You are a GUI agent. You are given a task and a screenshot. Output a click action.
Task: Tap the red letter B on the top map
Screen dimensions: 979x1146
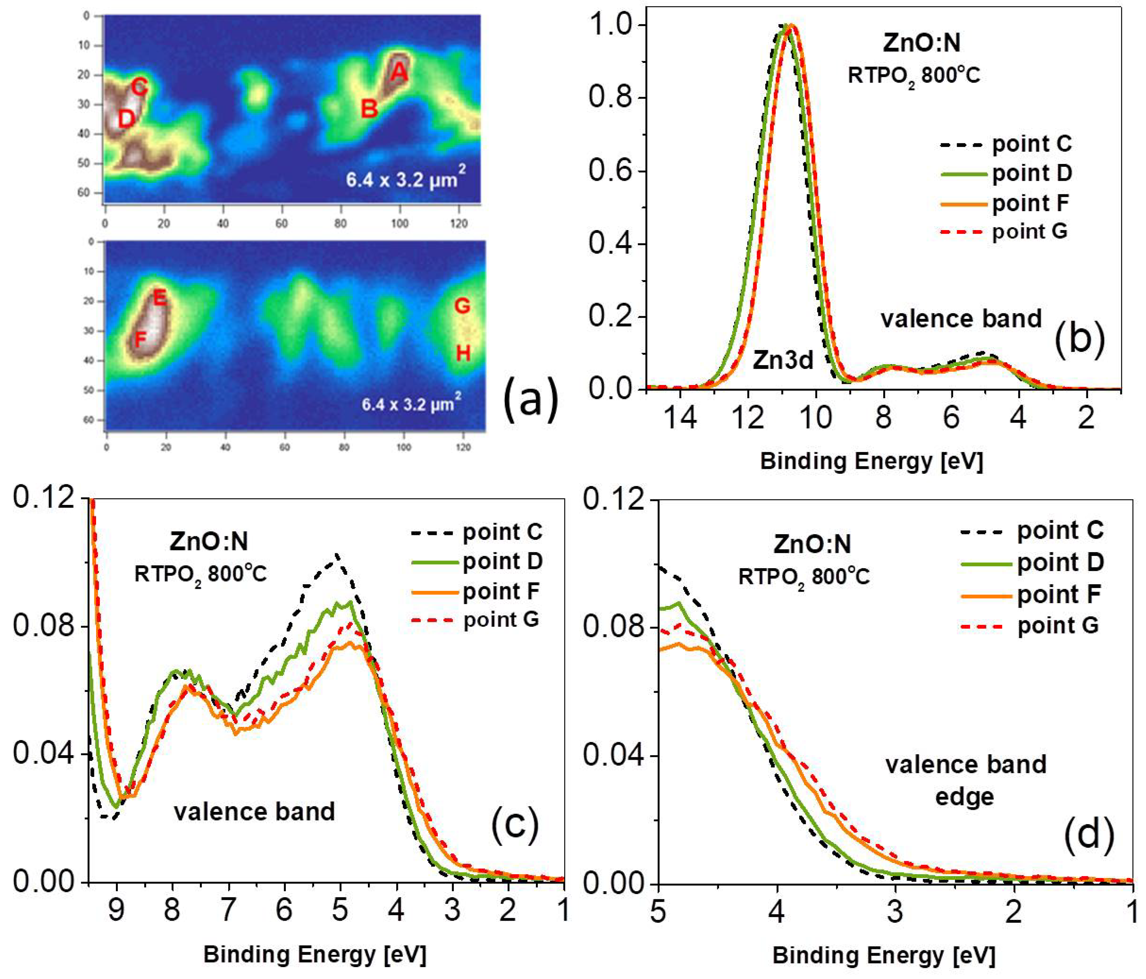[x=369, y=109]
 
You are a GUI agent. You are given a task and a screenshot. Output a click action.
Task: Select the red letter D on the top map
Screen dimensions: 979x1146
[x=127, y=119]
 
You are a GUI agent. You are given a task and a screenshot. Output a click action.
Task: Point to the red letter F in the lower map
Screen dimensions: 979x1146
[x=140, y=339]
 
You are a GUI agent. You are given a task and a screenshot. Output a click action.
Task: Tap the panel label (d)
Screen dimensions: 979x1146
[x=1088, y=834]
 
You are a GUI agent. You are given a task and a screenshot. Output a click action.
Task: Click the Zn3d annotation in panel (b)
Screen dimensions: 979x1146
[x=783, y=360]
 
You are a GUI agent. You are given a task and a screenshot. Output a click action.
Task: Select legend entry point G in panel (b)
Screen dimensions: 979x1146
[x=1029, y=231]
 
